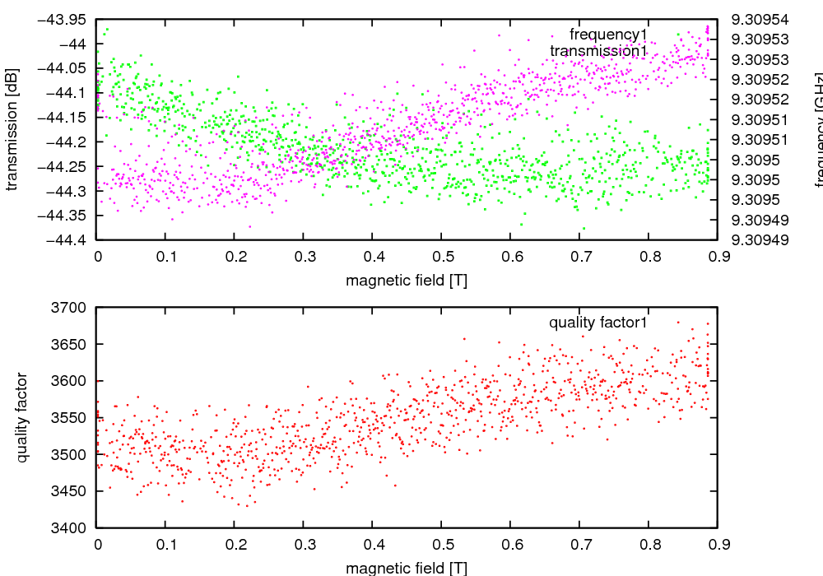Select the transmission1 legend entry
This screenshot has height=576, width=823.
click(x=598, y=51)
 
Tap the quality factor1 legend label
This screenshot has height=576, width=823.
click(x=598, y=323)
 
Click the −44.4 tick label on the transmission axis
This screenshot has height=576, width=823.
click(x=66, y=240)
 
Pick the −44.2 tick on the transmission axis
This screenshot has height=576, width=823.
click(x=66, y=142)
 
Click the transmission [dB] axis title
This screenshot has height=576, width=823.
click(x=12, y=129)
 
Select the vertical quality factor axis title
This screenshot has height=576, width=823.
click(x=22, y=417)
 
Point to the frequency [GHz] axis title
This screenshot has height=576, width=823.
click(x=818, y=129)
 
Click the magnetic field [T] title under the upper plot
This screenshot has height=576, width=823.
click(x=407, y=280)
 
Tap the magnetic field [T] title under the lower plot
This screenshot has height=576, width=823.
click(x=407, y=568)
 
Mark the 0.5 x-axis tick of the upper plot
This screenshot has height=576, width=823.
click(x=441, y=257)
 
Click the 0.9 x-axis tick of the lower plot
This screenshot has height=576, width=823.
click(x=717, y=544)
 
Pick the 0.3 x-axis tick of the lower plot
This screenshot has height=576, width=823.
click(x=304, y=544)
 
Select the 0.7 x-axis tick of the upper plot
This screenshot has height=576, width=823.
click(x=579, y=257)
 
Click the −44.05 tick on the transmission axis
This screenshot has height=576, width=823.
click(x=66, y=68)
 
